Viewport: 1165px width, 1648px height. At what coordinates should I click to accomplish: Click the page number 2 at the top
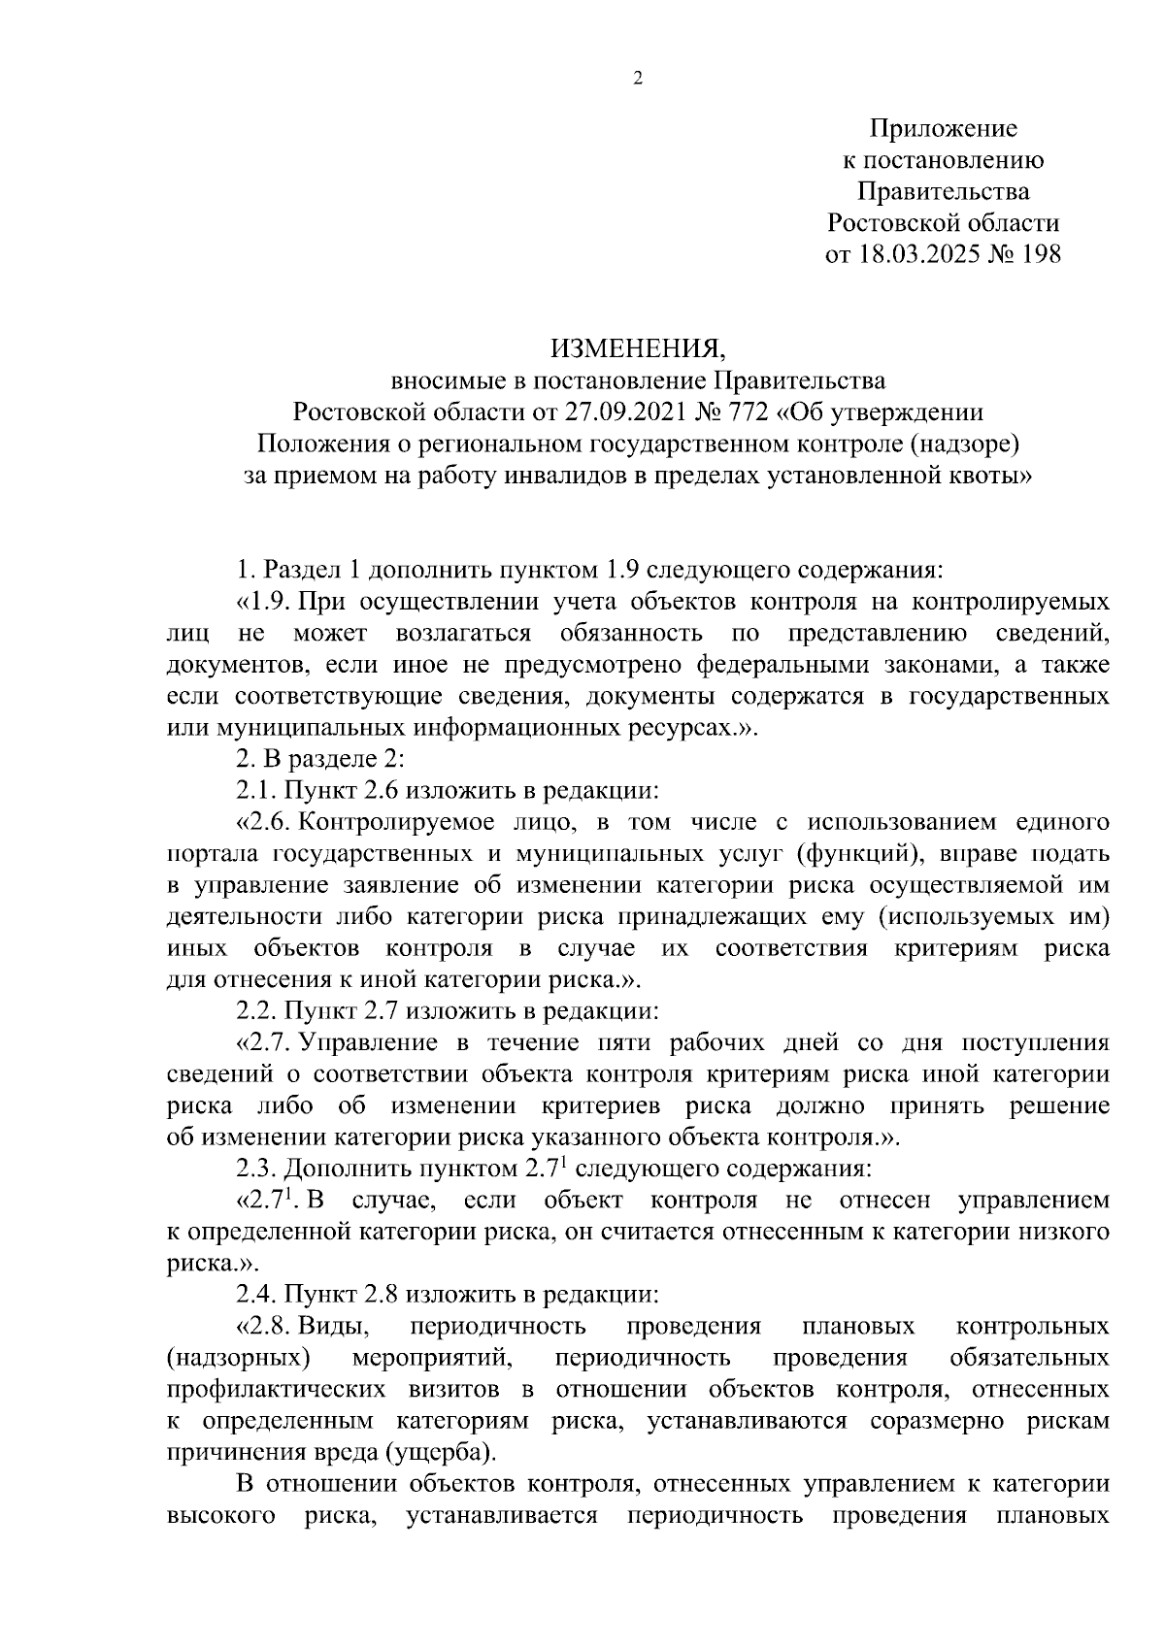[638, 80]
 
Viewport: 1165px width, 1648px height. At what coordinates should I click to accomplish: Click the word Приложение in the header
[943, 128]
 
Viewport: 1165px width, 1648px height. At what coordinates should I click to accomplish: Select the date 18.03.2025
[919, 254]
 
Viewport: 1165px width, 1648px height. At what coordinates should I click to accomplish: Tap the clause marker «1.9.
[264, 602]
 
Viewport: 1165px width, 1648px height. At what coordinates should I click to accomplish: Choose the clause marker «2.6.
[264, 822]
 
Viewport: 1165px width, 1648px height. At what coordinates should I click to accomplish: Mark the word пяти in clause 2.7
[610, 1043]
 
